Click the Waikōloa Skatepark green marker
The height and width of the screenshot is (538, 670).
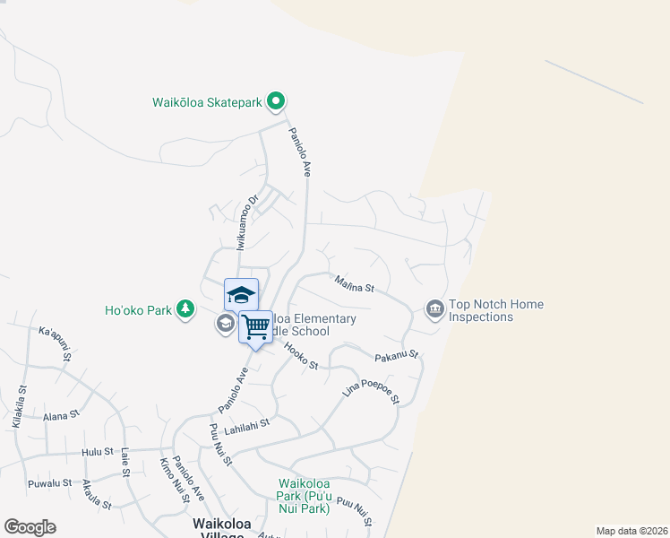tap(277, 102)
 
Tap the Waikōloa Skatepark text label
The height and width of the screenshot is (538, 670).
tap(206, 102)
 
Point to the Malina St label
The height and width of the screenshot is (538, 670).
tap(354, 285)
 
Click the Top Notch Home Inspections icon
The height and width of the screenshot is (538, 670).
tap(435, 309)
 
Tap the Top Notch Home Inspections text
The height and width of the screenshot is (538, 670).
tap(495, 310)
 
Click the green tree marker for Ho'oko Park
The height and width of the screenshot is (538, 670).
tap(185, 309)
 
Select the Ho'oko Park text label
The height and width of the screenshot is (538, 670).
tap(138, 310)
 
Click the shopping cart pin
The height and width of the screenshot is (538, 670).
tap(255, 327)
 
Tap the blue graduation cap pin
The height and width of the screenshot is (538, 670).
tap(240, 295)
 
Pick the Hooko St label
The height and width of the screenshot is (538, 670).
tap(301, 356)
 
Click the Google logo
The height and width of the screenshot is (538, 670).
tap(30, 527)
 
